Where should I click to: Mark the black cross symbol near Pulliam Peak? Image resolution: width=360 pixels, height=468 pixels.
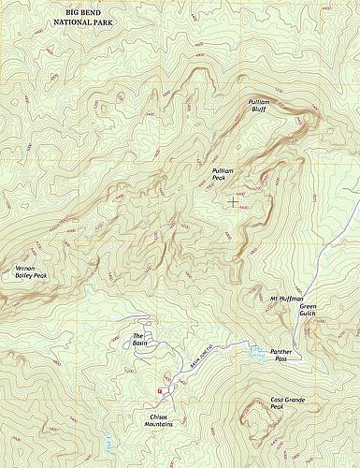[x=233, y=201]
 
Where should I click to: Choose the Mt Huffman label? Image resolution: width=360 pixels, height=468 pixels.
[x=286, y=299]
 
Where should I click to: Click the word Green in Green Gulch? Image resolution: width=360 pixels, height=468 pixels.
[x=310, y=307]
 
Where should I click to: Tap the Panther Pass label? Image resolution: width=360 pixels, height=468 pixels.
[x=282, y=356]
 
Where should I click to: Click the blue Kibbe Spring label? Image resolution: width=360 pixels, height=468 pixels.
[x=255, y=351]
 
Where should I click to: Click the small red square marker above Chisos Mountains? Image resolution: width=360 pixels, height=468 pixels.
[x=160, y=390]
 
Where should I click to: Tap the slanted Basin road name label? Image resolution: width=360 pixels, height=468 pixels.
[x=205, y=355]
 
